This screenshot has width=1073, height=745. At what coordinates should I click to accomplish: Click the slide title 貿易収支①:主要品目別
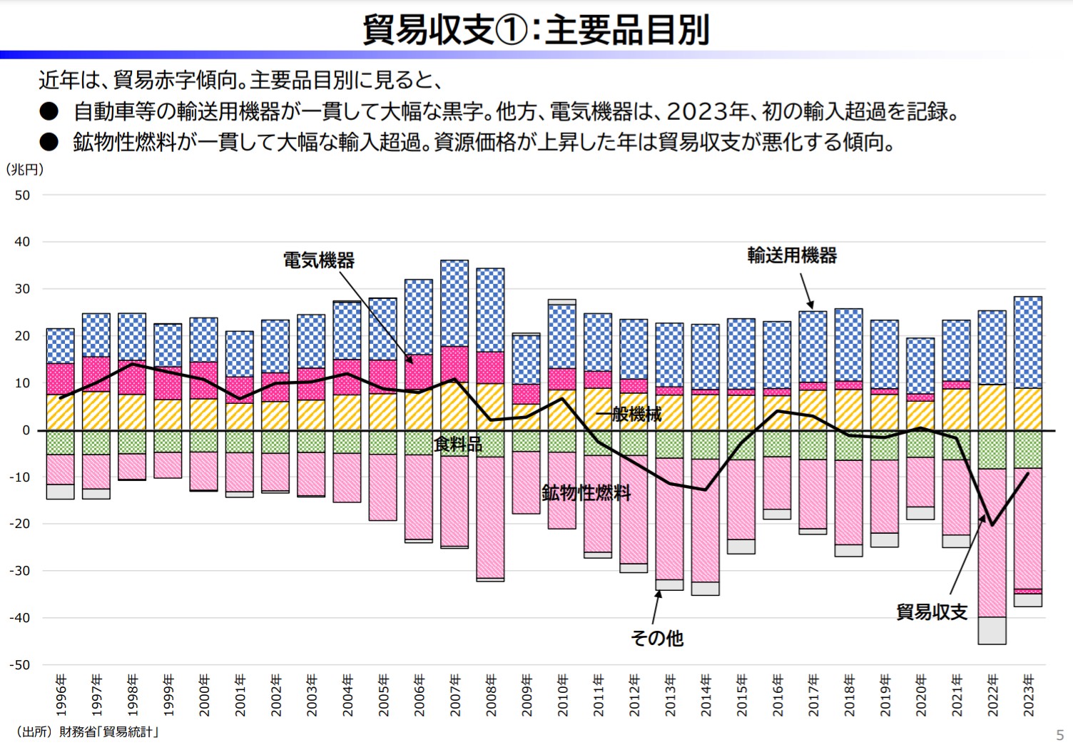tap(536, 30)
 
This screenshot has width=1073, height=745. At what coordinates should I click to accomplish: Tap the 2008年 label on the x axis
tap(491, 694)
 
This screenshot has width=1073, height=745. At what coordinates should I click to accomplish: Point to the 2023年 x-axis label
tap(1028, 694)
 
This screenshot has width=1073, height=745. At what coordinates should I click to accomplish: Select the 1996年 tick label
tap(61, 694)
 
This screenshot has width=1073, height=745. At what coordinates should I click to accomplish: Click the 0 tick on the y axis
tap(26, 430)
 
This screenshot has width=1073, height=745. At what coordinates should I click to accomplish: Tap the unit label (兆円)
tap(25, 170)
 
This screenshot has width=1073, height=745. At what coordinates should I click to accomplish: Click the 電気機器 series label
tap(318, 260)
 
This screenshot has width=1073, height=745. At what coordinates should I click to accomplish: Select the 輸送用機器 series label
tap(792, 255)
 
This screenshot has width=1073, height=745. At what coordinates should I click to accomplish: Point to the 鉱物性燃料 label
tap(586, 492)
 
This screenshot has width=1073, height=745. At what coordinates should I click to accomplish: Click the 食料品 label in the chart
tap(458, 445)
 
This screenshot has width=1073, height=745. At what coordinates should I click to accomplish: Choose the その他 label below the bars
tap(657, 637)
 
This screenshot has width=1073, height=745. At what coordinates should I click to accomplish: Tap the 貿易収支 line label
tap(932, 612)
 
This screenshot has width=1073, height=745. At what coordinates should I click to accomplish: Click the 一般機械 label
tap(629, 414)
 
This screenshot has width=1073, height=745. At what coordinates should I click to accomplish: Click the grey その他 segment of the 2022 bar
tap(992, 631)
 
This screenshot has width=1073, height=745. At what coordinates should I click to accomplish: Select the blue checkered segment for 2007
tap(454, 303)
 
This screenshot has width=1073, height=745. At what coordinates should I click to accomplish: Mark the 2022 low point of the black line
tap(992, 525)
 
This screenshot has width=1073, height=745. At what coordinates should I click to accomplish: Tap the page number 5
tap(1059, 735)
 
